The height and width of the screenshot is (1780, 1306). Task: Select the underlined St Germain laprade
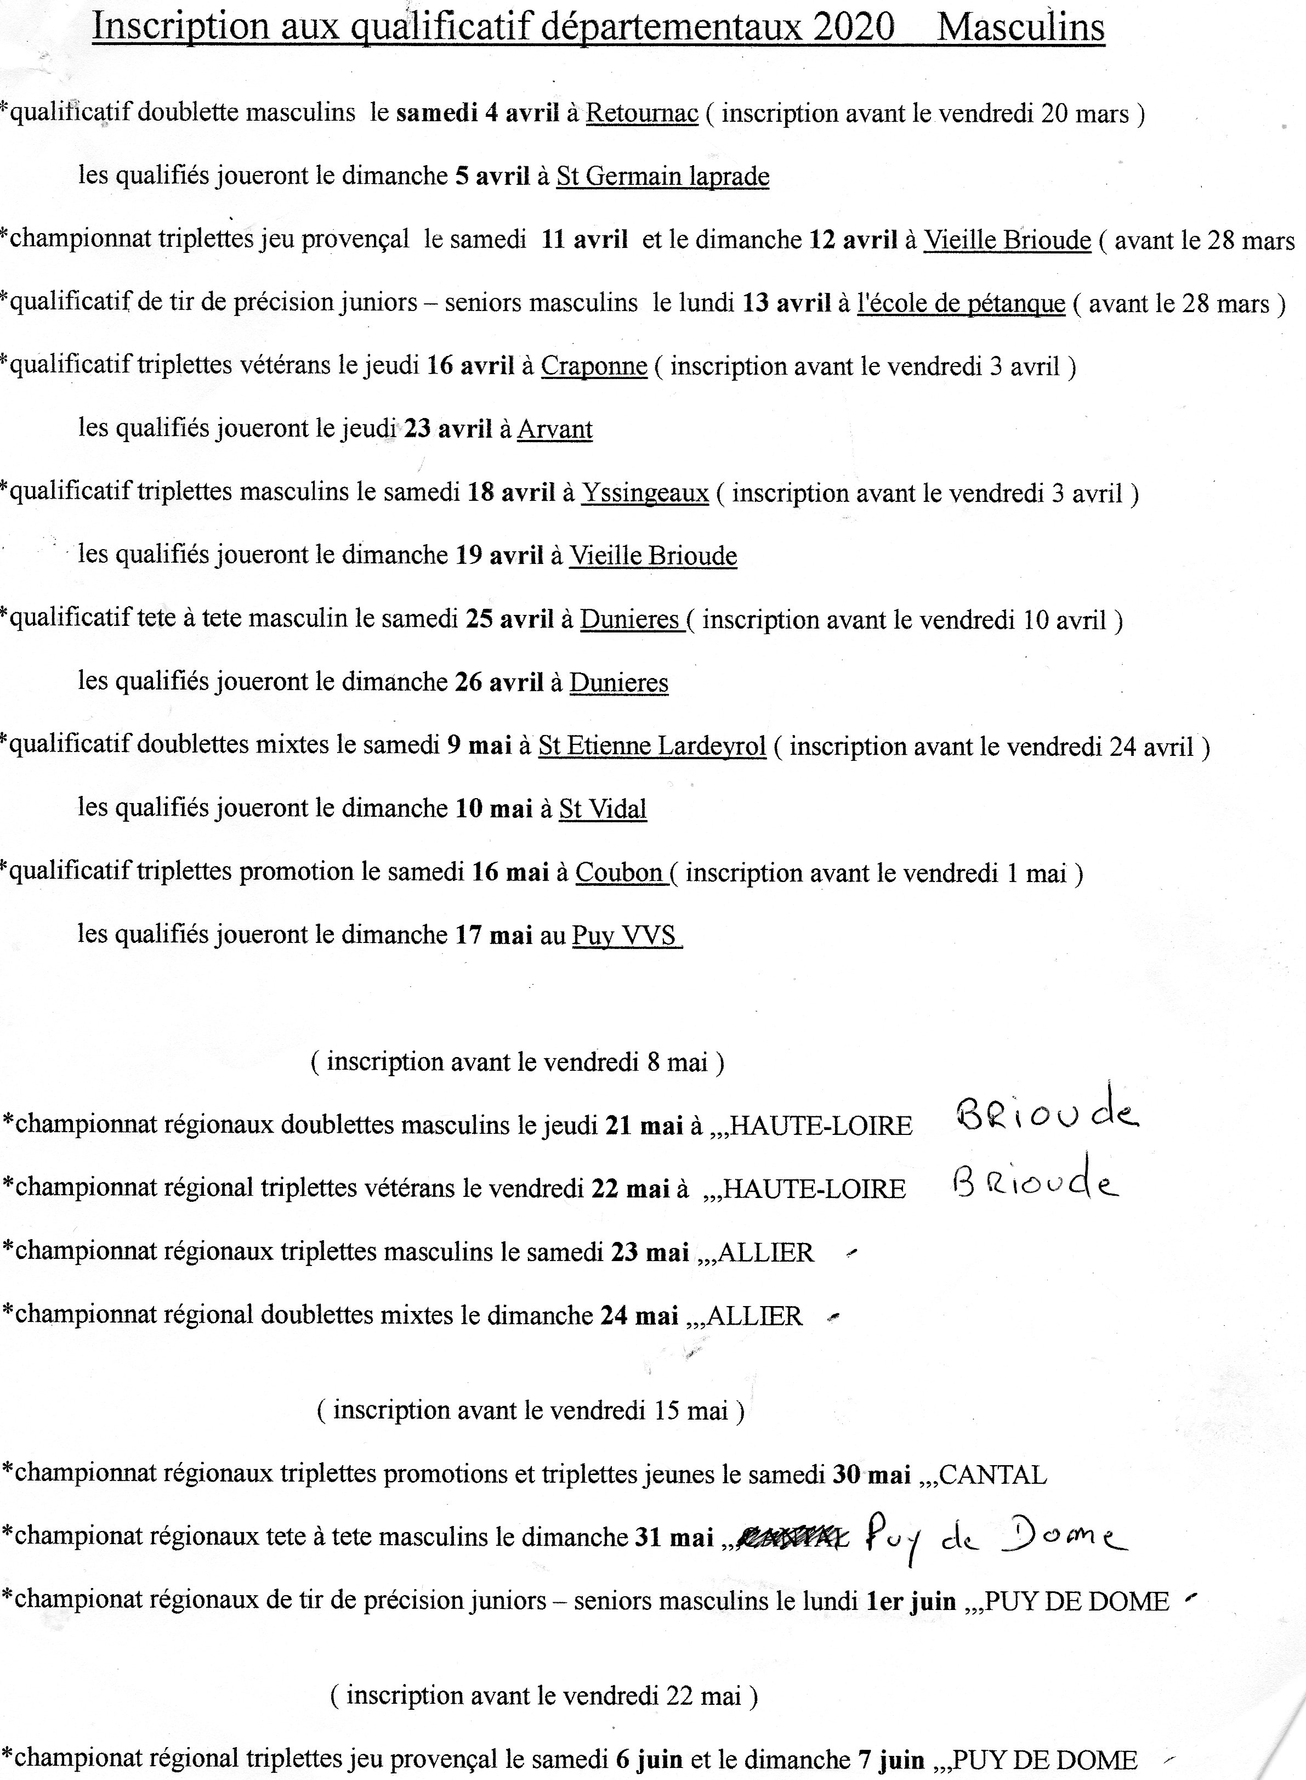point(662,176)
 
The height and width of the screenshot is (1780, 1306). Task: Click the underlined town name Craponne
point(594,366)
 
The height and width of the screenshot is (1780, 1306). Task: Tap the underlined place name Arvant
point(554,430)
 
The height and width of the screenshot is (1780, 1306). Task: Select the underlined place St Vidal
point(603,809)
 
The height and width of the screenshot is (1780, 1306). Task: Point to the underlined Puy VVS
point(624,935)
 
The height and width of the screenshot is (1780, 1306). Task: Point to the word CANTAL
point(992,1475)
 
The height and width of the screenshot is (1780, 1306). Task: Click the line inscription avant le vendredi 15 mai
point(531,1411)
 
